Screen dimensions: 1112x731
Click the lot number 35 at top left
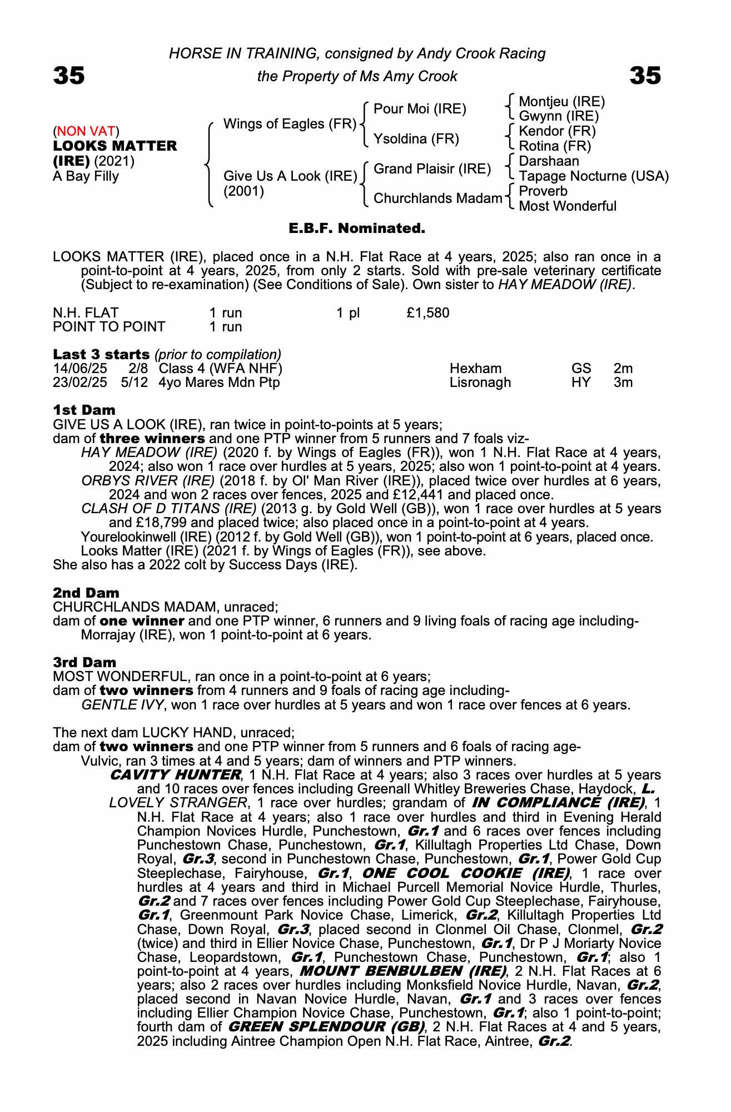pos(69,76)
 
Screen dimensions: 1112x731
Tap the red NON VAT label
pos(86,131)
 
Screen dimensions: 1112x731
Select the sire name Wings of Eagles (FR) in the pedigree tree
pos(289,123)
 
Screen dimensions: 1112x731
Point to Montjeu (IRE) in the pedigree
pos(561,102)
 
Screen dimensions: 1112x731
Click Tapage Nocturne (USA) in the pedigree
pos(593,176)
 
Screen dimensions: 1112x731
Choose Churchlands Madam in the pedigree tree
pos(437,198)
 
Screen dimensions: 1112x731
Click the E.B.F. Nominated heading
pos(356,229)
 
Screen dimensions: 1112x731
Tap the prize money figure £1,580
pos(427,313)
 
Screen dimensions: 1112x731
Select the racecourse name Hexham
pos(475,369)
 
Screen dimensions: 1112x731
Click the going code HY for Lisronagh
pos(581,383)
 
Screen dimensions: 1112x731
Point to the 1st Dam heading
pos(84,410)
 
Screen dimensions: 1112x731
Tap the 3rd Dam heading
pos(84,663)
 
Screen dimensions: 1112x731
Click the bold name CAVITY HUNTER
pos(175,775)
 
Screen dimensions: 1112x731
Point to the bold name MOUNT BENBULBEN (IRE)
pos(402,971)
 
